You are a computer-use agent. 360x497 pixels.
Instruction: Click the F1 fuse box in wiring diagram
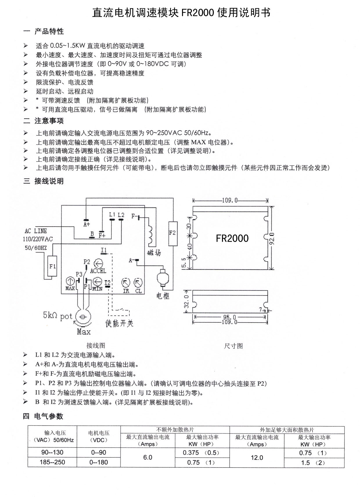tap(52, 266)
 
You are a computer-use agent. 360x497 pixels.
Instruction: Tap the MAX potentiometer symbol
tap(70, 281)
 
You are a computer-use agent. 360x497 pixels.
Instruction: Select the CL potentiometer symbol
tap(138, 282)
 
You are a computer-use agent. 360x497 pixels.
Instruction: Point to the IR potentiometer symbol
tap(126, 282)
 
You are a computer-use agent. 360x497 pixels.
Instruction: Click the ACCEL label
tap(98, 271)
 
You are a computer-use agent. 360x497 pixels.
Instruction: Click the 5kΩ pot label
tap(57, 316)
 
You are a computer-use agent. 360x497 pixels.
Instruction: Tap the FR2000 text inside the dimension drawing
tap(232, 238)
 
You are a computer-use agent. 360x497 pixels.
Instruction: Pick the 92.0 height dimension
tap(272, 238)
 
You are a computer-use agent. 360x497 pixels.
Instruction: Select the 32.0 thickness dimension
tap(187, 301)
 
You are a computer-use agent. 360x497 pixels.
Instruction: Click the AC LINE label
tap(36, 231)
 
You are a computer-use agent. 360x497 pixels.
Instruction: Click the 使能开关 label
tap(119, 323)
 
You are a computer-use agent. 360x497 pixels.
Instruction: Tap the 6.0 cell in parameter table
tap(147, 458)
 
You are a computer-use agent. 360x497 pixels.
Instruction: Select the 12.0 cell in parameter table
tap(257, 458)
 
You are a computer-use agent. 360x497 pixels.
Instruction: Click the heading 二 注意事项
tap(44, 121)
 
